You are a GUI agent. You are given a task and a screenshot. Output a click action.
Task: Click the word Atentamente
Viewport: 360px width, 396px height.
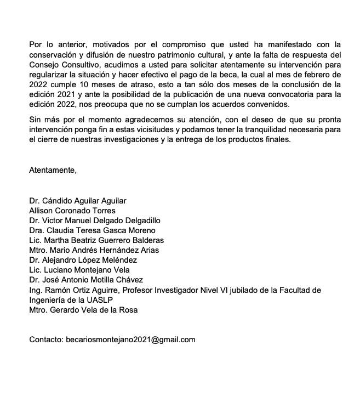(53, 170)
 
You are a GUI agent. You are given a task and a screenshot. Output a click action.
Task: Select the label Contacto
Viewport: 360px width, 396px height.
(45, 340)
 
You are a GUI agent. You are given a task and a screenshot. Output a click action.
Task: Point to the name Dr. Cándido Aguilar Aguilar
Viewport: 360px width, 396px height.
(77, 201)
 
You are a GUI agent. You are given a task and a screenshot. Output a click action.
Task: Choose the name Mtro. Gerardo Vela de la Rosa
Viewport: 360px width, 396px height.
(83, 310)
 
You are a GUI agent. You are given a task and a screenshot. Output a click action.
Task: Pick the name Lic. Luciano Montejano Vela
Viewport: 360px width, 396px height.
(79, 270)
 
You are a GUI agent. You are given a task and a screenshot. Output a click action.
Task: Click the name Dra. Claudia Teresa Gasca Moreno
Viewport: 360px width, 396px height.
(92, 230)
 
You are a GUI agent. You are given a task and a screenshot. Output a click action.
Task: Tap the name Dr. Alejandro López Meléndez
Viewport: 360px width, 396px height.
(83, 260)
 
